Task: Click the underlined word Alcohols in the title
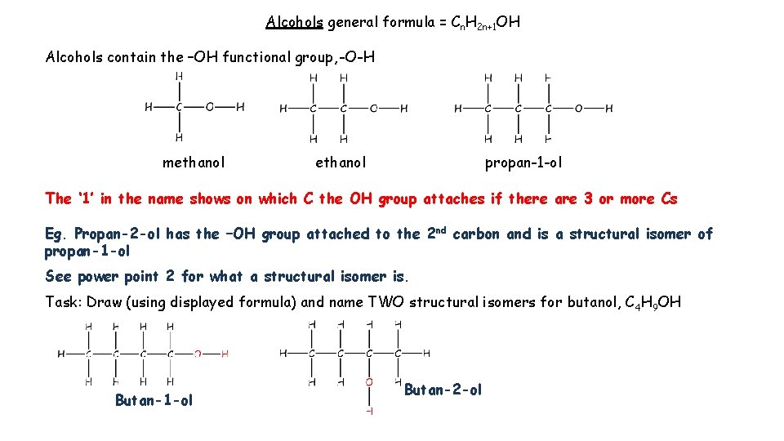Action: [x=294, y=22]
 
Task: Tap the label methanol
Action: [x=194, y=163]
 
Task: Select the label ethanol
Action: [x=341, y=163]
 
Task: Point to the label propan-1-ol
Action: [x=523, y=163]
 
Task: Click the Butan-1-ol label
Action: [x=154, y=400]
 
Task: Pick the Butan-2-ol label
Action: [x=443, y=390]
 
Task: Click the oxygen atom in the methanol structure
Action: [x=209, y=106]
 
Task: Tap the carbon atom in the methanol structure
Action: [x=179, y=106]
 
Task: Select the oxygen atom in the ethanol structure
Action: [x=374, y=108]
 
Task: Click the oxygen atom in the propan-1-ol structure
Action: [x=578, y=108]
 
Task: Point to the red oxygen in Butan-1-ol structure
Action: [x=198, y=354]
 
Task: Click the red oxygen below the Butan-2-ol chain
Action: [x=369, y=381]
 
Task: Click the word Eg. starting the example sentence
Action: [x=56, y=234]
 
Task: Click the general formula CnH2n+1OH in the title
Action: [x=485, y=23]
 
